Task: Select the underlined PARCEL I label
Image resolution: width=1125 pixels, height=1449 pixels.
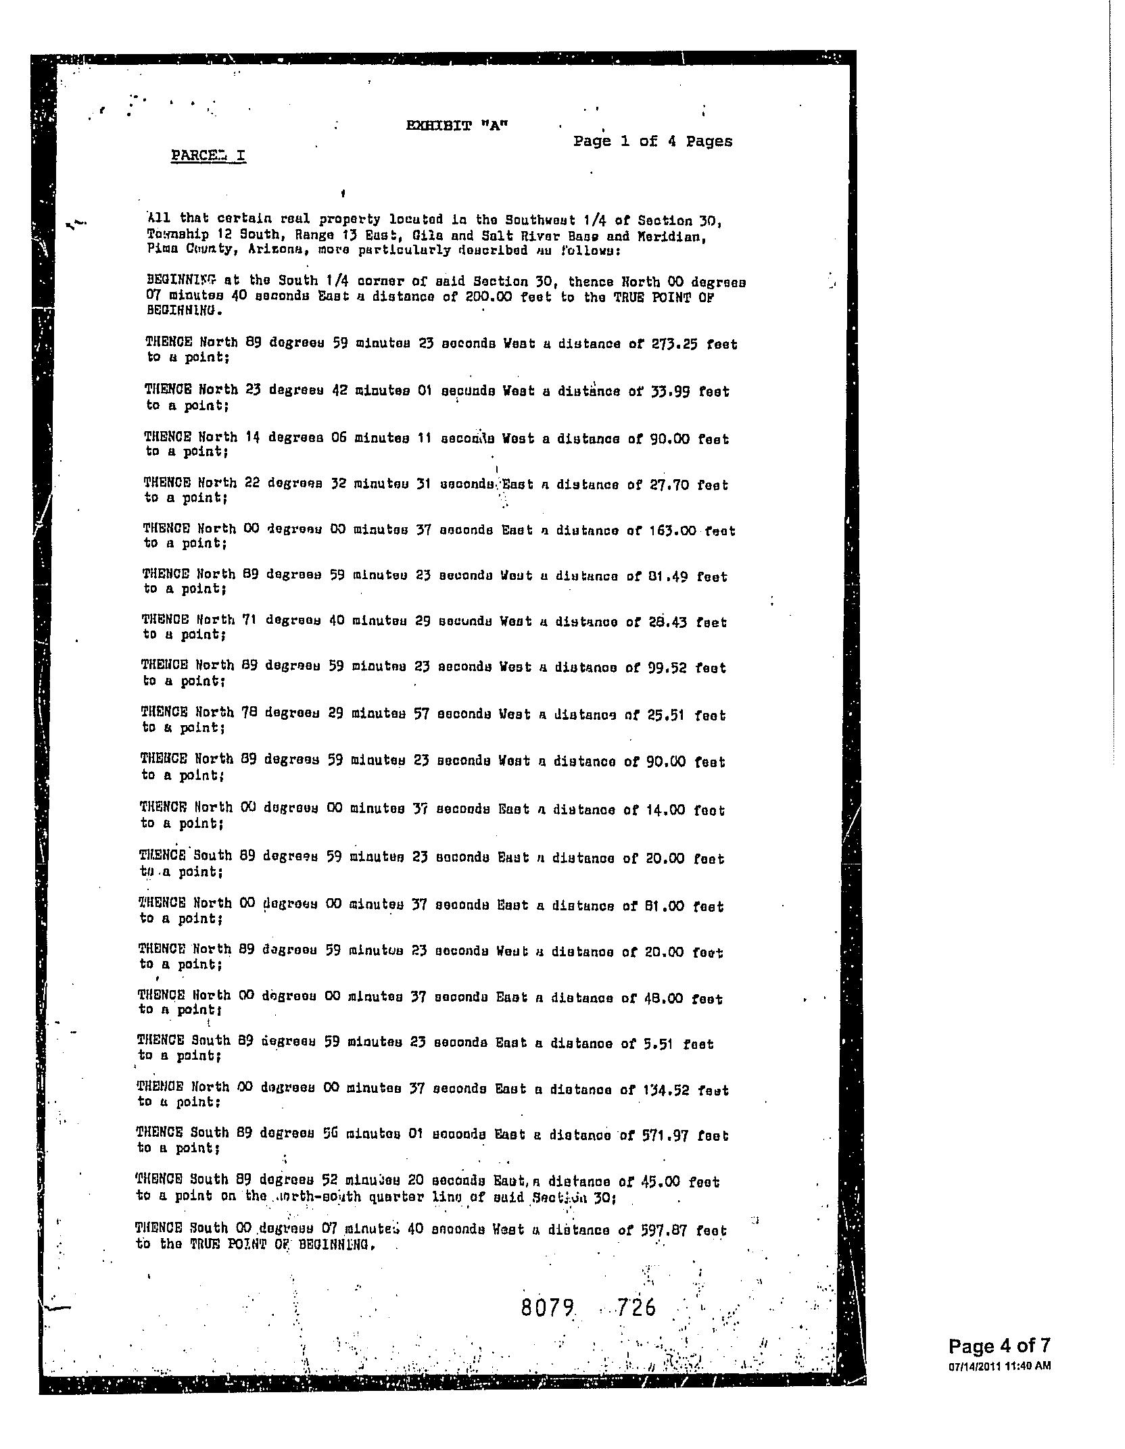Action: click(x=208, y=155)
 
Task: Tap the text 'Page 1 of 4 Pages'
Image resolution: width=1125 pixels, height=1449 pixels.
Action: click(x=652, y=141)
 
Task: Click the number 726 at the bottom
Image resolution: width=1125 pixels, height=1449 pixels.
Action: click(x=636, y=1308)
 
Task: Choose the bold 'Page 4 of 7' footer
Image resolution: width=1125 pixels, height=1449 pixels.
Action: click(x=999, y=1346)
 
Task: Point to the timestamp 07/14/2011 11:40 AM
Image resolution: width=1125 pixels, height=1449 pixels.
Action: click(x=999, y=1365)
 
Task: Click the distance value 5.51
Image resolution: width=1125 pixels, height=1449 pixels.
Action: click(x=656, y=1043)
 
